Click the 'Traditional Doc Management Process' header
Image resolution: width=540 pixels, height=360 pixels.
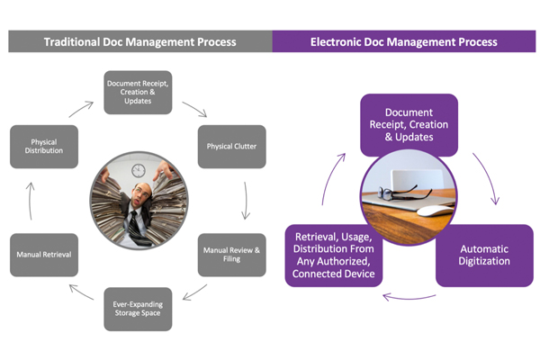140,41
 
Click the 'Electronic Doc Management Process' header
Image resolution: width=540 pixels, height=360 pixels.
404,41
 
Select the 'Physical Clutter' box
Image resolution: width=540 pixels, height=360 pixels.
232,147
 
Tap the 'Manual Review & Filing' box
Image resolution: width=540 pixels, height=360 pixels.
232,255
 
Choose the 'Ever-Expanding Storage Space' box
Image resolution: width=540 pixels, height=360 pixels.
138,309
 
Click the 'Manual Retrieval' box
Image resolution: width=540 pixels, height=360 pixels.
44,255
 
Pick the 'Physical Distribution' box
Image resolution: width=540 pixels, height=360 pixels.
44,147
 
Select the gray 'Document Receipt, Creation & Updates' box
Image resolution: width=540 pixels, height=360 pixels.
138,93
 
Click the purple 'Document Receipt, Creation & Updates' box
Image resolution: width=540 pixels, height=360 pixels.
409,124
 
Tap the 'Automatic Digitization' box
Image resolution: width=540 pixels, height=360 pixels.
484,256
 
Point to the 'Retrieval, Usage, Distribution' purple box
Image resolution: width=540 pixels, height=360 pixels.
333,256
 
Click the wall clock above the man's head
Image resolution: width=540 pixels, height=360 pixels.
139,170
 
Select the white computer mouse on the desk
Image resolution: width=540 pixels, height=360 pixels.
436,210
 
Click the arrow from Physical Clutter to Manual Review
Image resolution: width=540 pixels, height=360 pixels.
246,201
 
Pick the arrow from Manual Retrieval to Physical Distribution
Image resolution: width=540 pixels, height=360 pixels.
31,202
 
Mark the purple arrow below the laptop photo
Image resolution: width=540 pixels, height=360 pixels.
409,298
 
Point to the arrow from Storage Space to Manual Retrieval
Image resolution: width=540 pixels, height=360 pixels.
81,292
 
